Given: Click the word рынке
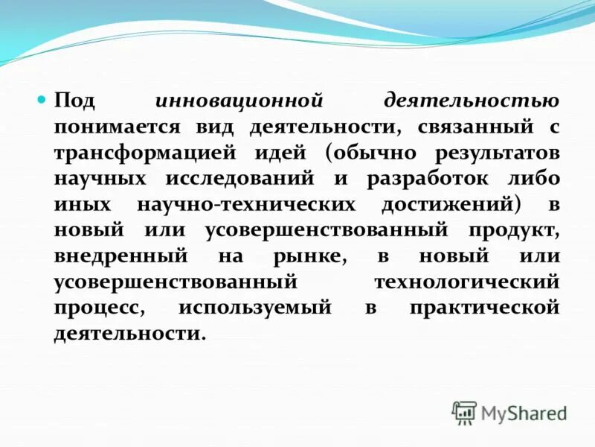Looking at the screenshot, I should [306, 256].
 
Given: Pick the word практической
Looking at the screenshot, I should [483, 308].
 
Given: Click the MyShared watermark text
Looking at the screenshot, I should [524, 412].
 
